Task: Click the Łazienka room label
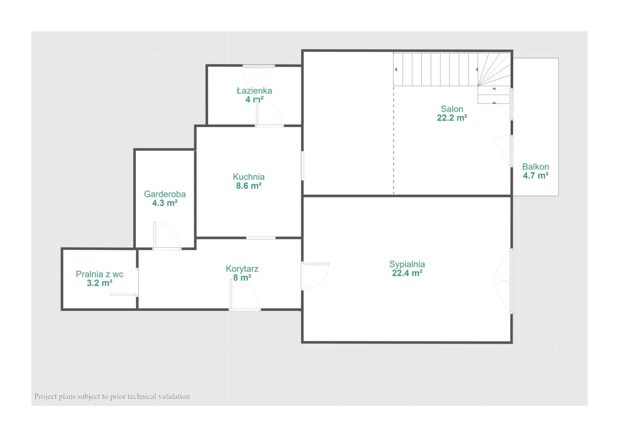tap(254, 91)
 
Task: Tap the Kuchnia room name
tap(249, 177)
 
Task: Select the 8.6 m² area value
tap(249, 186)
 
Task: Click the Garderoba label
tap(165, 194)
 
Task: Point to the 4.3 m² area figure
tap(165, 203)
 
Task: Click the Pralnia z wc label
tap(100, 274)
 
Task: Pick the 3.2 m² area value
tap(100, 283)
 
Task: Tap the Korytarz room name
tap(242, 269)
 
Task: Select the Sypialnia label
tap(407, 265)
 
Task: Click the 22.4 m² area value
tap(407, 273)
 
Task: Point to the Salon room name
tap(452, 109)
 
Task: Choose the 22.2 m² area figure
tap(452, 118)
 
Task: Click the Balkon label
tap(535, 167)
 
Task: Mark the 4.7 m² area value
tap(535, 175)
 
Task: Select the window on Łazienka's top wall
tap(259, 66)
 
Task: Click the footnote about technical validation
tap(112, 396)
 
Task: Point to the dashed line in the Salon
tap(394, 140)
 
